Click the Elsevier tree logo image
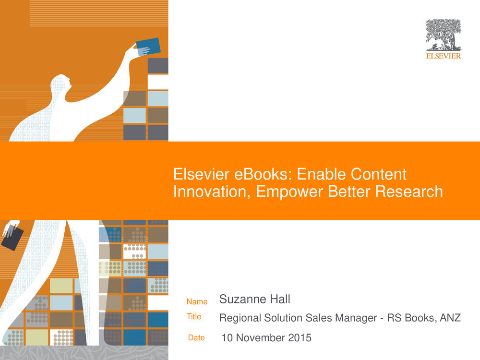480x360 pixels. pyautogui.click(x=443, y=35)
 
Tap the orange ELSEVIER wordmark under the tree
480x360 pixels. pyautogui.click(x=443, y=56)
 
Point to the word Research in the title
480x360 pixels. pyautogui.click(x=409, y=192)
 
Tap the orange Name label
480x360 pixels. pyautogui.click(x=197, y=301)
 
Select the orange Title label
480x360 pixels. pyautogui.click(x=194, y=316)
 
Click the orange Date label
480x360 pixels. pyautogui.click(x=196, y=337)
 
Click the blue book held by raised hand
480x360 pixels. pyautogui.click(x=148, y=47)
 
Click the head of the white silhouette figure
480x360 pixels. pyautogui.click(x=60, y=84)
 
